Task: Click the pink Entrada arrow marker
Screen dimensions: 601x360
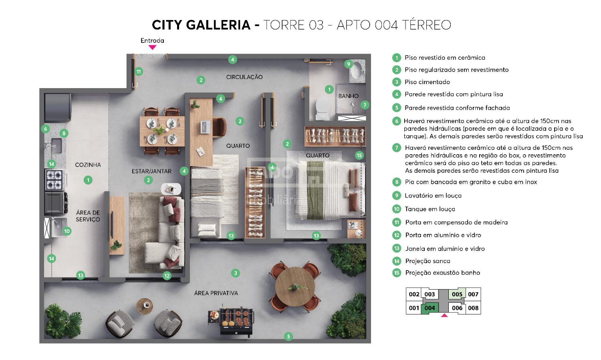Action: (x=152, y=47)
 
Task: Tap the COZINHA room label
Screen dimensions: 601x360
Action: (x=88, y=165)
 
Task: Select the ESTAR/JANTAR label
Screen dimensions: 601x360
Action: (x=151, y=171)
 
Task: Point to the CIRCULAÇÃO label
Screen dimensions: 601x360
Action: (x=244, y=77)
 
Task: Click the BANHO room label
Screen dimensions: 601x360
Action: (x=348, y=96)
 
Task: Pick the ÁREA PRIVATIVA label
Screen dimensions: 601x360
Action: (x=216, y=293)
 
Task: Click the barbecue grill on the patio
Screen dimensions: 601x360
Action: (x=231, y=321)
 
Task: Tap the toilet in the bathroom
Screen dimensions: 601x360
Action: (x=323, y=109)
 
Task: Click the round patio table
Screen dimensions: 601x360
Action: (x=295, y=287)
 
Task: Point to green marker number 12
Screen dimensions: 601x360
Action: (x=167, y=276)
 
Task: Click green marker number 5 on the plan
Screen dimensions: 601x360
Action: (x=288, y=337)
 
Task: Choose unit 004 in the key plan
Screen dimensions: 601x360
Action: (x=430, y=308)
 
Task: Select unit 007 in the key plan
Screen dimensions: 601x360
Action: (x=473, y=294)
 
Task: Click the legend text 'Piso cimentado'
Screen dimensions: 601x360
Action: (x=427, y=82)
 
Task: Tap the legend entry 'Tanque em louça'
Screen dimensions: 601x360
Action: (x=430, y=209)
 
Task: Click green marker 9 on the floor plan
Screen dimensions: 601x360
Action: (x=348, y=64)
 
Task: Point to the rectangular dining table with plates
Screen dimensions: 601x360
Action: (x=162, y=131)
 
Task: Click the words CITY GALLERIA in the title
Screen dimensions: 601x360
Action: (x=201, y=25)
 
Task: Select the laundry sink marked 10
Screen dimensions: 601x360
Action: (x=59, y=227)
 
